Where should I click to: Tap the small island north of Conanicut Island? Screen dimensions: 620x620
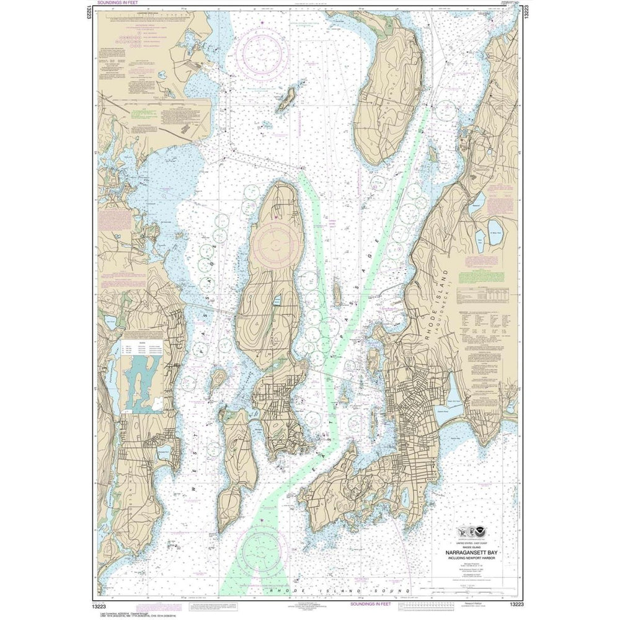(286, 98)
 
